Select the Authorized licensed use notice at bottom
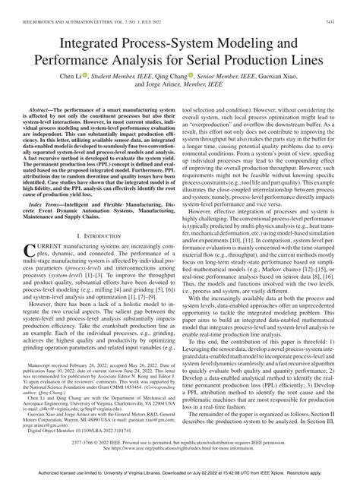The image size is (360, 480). pyautogui.click(x=180, y=472)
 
